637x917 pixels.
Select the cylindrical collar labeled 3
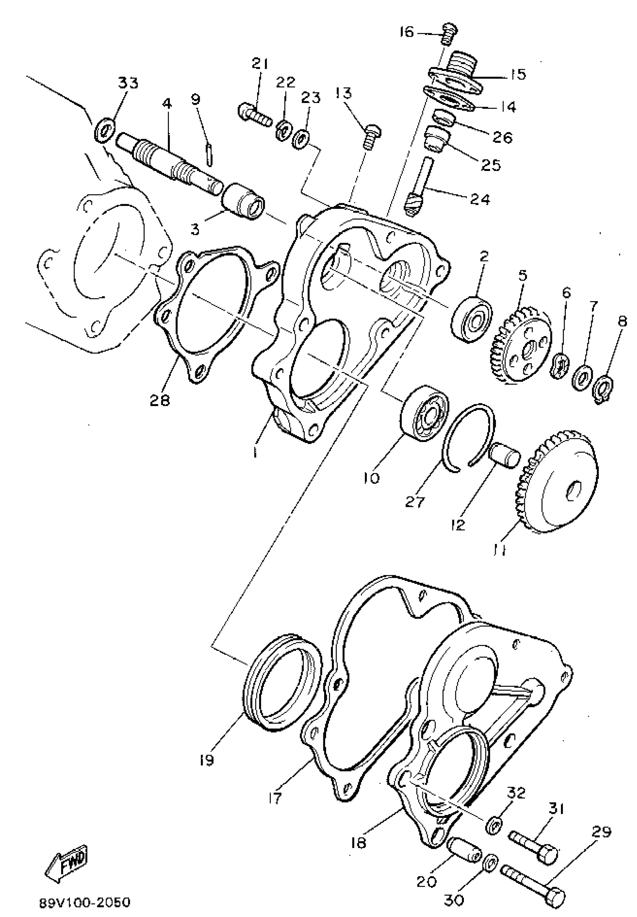click(243, 201)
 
